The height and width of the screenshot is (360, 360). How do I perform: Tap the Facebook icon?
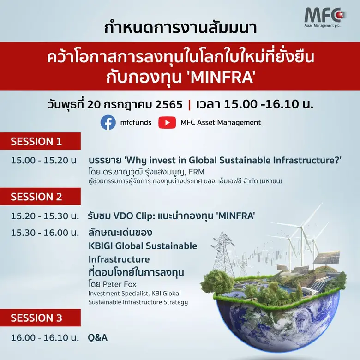pos(108,122)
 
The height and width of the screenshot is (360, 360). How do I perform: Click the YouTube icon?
pos(167,122)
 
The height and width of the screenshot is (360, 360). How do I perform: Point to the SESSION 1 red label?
pos(36,142)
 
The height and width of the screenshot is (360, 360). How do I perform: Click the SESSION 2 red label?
pos(36,197)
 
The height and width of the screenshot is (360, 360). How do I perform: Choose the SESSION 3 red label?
pos(36,318)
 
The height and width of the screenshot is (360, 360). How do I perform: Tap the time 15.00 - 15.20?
pos(44,161)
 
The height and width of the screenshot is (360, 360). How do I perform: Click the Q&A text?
pos(98,337)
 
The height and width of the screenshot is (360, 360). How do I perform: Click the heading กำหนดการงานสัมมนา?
pos(180,28)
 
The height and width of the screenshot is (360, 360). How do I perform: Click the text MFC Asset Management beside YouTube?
pos(221,122)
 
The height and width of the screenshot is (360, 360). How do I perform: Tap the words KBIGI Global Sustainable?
pos(143,246)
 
